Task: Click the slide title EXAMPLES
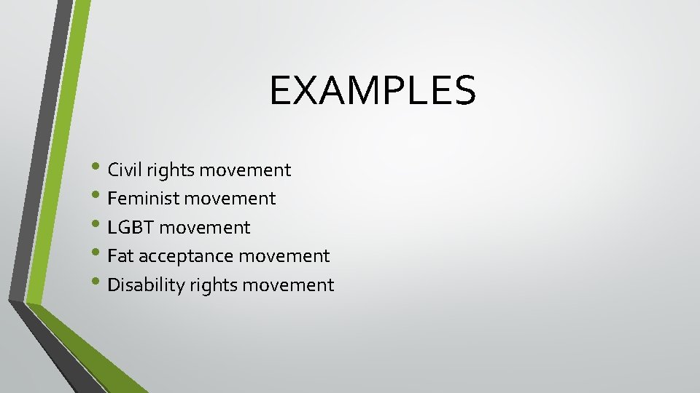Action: coord(372,90)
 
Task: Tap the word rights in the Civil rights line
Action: coord(169,171)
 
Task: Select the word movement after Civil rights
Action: coord(245,170)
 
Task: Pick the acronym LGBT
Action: coord(131,228)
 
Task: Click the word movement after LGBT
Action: coord(204,228)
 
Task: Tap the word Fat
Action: coord(120,256)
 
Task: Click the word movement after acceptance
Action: coord(284,256)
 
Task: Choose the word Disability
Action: coord(146,285)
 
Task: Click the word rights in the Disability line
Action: coord(213,285)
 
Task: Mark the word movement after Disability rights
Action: coord(288,285)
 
